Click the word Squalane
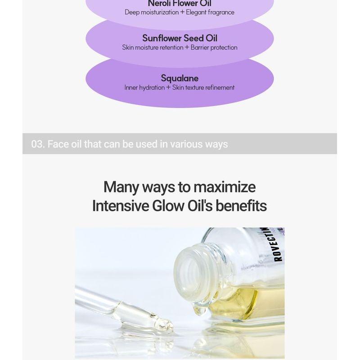180,78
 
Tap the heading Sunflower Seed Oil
180,38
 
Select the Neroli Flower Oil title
180,4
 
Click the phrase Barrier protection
214,47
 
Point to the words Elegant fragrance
210,13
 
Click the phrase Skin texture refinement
203,88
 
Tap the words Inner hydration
144,88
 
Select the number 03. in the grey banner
38,144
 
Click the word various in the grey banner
186,144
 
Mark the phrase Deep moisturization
152,13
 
